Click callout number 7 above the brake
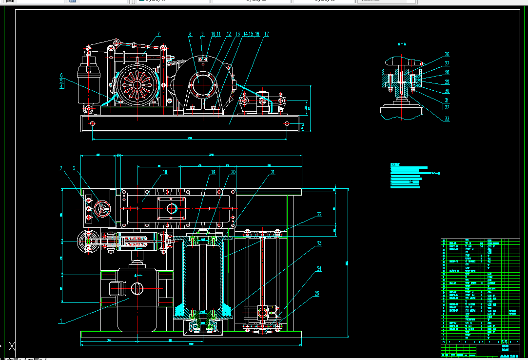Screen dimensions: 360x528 pos(158,34)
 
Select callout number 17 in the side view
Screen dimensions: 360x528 pos(267,34)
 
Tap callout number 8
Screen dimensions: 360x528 pos(191,34)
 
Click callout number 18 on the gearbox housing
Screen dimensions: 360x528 pos(165,172)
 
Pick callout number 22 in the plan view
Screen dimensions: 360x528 pos(319,214)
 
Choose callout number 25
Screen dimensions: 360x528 pos(317,294)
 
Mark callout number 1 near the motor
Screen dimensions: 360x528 pos(61,321)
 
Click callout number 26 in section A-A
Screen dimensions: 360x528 pos(447,55)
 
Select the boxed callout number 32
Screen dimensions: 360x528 pos(447,107)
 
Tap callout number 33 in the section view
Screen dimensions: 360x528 pos(447,119)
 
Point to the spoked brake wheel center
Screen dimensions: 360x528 pos(137,85)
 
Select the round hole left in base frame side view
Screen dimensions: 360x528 pos(92,124)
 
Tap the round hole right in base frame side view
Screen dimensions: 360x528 pos(288,124)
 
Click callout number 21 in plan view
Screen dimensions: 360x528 pos(273,172)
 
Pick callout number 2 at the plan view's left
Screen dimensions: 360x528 pos(61,169)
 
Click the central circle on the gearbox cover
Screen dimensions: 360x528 pos(172,208)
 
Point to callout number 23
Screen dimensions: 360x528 pos(319,243)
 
